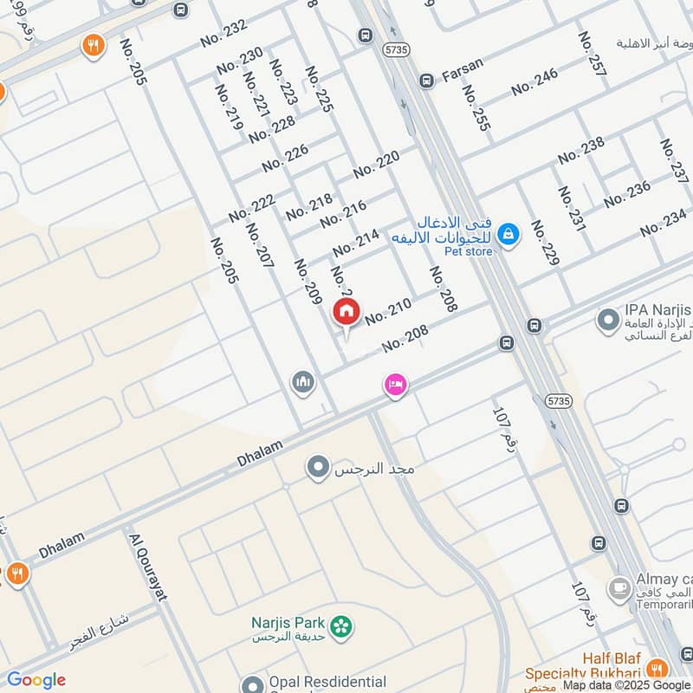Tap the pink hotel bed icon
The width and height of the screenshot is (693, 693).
click(x=395, y=385)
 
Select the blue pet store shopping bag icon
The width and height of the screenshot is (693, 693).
click(x=509, y=234)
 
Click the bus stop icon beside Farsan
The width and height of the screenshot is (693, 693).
click(x=426, y=81)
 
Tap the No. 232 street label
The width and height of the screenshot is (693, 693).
click(x=223, y=34)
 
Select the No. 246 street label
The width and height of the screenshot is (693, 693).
click(x=534, y=82)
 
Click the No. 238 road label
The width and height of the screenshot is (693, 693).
click(x=581, y=150)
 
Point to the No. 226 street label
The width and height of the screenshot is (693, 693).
click(x=285, y=158)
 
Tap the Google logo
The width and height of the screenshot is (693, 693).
click(x=36, y=680)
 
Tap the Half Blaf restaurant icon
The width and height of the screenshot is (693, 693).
click(x=657, y=668)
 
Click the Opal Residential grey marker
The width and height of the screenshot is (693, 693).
click(x=252, y=684)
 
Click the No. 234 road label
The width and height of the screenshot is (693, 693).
click(x=664, y=223)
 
